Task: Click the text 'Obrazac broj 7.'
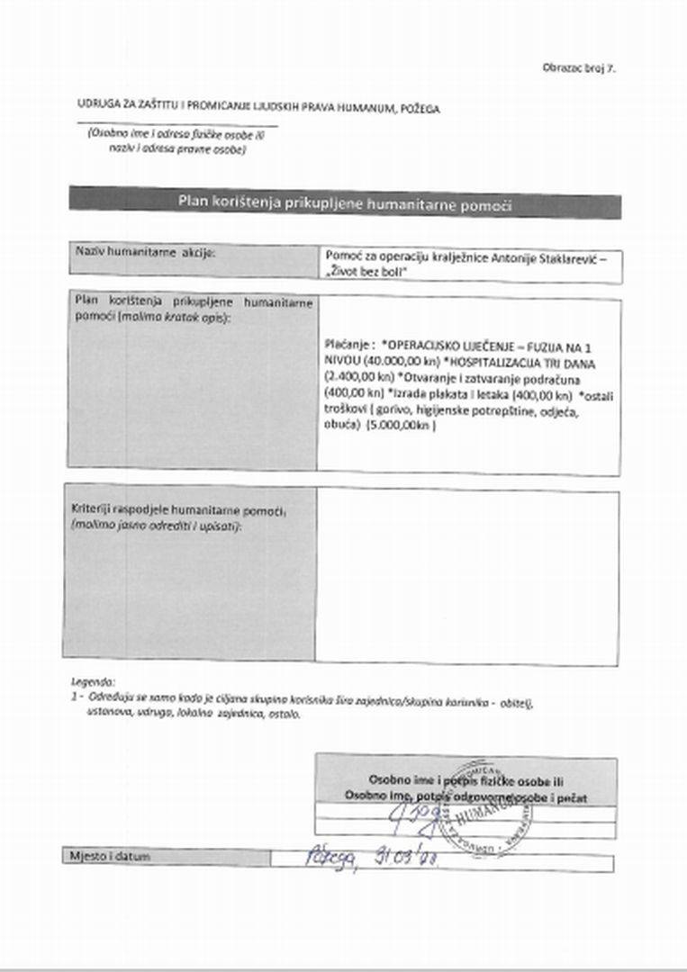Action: [579, 67]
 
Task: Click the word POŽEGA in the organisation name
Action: [419, 108]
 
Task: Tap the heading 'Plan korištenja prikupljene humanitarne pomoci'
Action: [345, 204]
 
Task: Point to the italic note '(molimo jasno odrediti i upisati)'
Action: [156, 524]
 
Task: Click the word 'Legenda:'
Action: [93, 681]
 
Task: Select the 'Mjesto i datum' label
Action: [110, 856]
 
